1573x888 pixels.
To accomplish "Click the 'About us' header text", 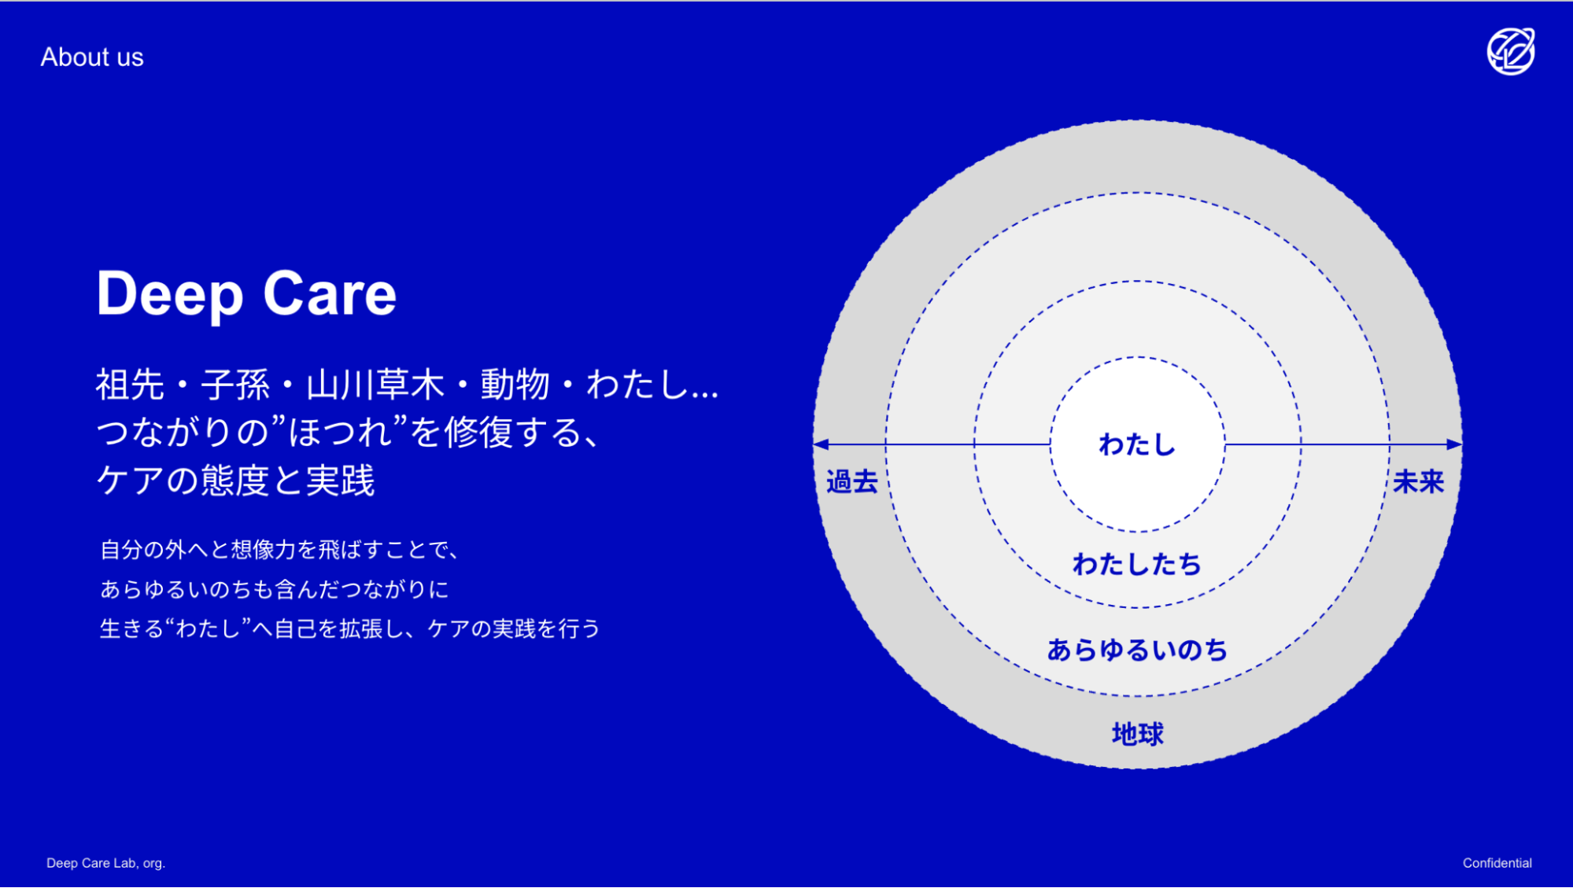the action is (x=92, y=57).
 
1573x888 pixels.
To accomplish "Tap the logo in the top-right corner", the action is (x=1511, y=52).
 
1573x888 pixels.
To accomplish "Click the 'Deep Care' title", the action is (x=246, y=294).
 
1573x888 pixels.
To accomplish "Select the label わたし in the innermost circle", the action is (x=1137, y=445).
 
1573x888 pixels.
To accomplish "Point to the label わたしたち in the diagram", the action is (x=1137, y=565).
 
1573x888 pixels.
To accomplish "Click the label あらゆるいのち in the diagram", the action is (x=1137, y=650).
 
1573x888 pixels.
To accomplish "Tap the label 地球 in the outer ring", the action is (x=1137, y=734).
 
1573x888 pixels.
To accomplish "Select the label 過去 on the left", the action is (x=852, y=481).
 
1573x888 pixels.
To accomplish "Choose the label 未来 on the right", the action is (x=1419, y=481).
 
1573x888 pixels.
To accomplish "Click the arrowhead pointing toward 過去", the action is (x=821, y=444).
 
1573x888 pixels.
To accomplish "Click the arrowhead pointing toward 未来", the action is (x=1454, y=444).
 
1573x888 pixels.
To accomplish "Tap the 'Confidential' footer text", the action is (x=1497, y=863).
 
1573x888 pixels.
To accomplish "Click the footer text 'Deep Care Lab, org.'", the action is (x=106, y=863).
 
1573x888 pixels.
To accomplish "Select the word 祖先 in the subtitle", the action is (x=131, y=385).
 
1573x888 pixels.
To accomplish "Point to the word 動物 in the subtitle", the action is (x=515, y=385).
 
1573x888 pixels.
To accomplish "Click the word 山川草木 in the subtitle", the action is (x=375, y=385).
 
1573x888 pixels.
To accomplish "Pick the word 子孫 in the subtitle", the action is (x=235, y=385).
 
